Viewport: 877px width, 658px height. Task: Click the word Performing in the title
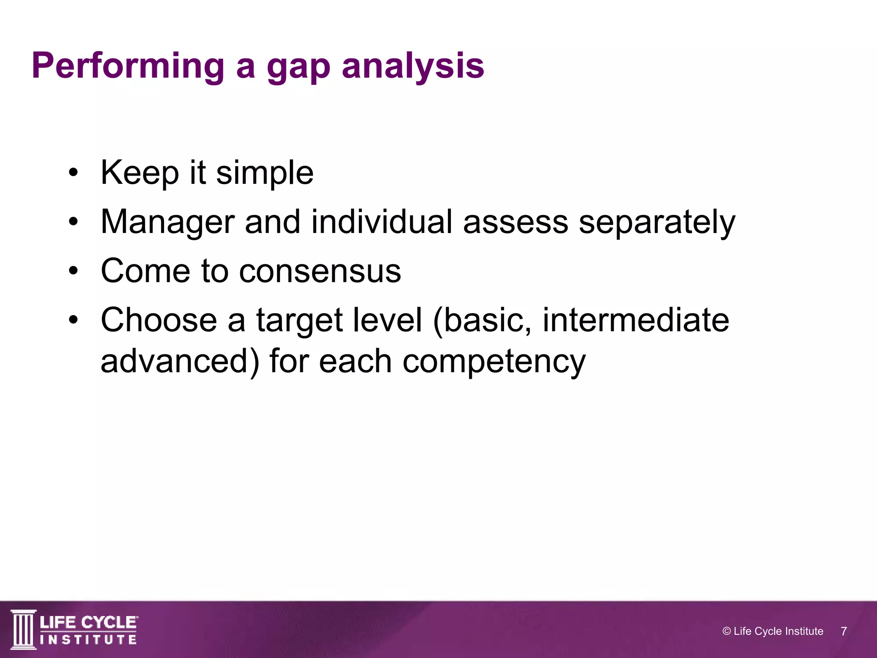click(128, 66)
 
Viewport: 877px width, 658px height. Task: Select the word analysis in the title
click(413, 66)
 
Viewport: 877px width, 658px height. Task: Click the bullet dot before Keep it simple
click(74, 173)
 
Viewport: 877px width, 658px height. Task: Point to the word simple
click(265, 173)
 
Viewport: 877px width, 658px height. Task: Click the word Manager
click(167, 223)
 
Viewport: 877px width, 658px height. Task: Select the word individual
click(382, 222)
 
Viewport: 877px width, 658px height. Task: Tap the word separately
click(657, 223)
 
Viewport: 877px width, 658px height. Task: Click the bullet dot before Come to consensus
click(74, 271)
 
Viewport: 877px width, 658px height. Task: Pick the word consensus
click(320, 272)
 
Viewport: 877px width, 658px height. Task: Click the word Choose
click(159, 320)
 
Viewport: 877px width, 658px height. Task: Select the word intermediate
click(635, 320)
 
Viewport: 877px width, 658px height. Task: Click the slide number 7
click(844, 631)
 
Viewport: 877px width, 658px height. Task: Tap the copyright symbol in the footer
click(726, 631)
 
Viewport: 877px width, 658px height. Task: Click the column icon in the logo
click(24, 629)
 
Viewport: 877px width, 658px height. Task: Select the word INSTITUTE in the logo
click(89, 640)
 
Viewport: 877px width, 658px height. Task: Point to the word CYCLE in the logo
click(110, 622)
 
